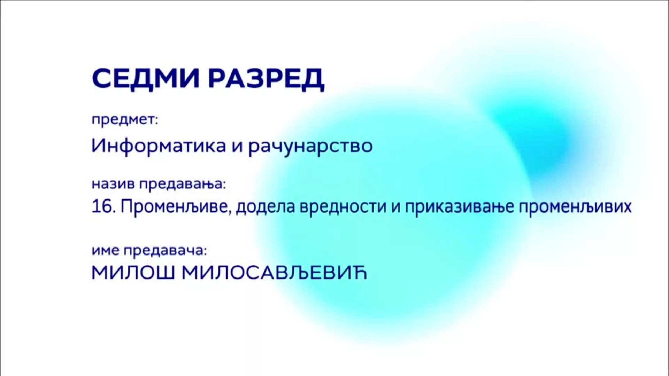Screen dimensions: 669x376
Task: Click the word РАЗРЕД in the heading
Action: (x=267, y=80)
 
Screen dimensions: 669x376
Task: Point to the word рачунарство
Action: (x=310, y=147)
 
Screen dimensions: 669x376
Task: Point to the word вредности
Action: (x=343, y=207)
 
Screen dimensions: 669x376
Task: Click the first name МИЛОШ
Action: (x=133, y=273)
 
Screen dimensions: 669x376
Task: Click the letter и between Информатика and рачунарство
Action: (x=237, y=147)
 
